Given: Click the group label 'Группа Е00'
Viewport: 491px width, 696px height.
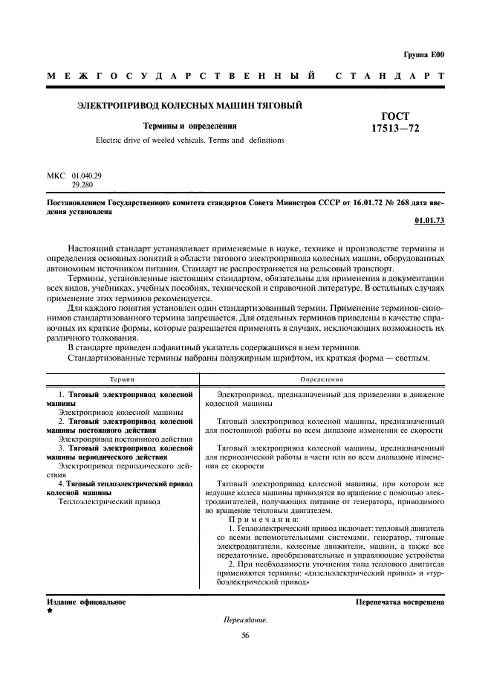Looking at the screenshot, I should [x=423, y=54].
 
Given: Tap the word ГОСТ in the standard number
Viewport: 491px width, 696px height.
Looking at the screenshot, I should [x=395, y=116].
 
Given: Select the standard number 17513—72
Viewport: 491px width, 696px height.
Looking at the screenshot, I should [x=395, y=129].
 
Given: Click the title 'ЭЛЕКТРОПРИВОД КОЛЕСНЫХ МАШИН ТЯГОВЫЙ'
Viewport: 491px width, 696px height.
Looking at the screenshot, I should [x=190, y=106].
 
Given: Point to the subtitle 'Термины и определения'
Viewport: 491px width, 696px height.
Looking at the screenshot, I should [x=189, y=126].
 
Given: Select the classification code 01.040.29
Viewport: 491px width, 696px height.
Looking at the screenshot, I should [x=87, y=175].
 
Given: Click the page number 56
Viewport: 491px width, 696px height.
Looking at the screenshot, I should [x=245, y=634].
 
